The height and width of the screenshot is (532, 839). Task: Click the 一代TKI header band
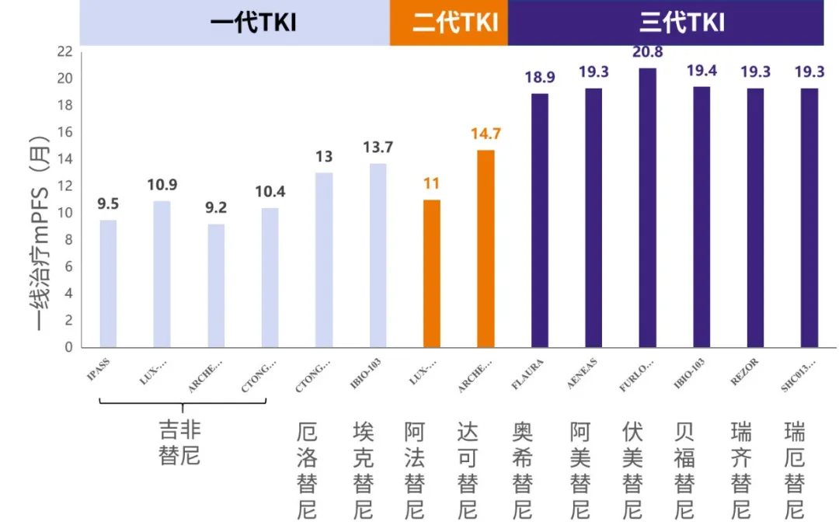click(235, 23)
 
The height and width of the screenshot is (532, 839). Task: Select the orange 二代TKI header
click(449, 23)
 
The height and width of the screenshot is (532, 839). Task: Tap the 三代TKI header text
click(682, 23)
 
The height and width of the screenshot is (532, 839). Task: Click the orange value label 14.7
click(486, 134)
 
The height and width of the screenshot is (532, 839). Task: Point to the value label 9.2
click(216, 207)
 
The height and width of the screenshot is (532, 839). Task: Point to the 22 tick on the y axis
click(64, 52)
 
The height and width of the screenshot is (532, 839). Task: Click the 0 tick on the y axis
click(68, 347)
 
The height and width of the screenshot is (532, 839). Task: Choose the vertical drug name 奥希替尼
click(524, 470)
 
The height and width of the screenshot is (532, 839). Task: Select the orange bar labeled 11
click(432, 273)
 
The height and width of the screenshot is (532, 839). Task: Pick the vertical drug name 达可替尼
click(468, 470)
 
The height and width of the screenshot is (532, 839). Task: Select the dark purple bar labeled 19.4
click(701, 217)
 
